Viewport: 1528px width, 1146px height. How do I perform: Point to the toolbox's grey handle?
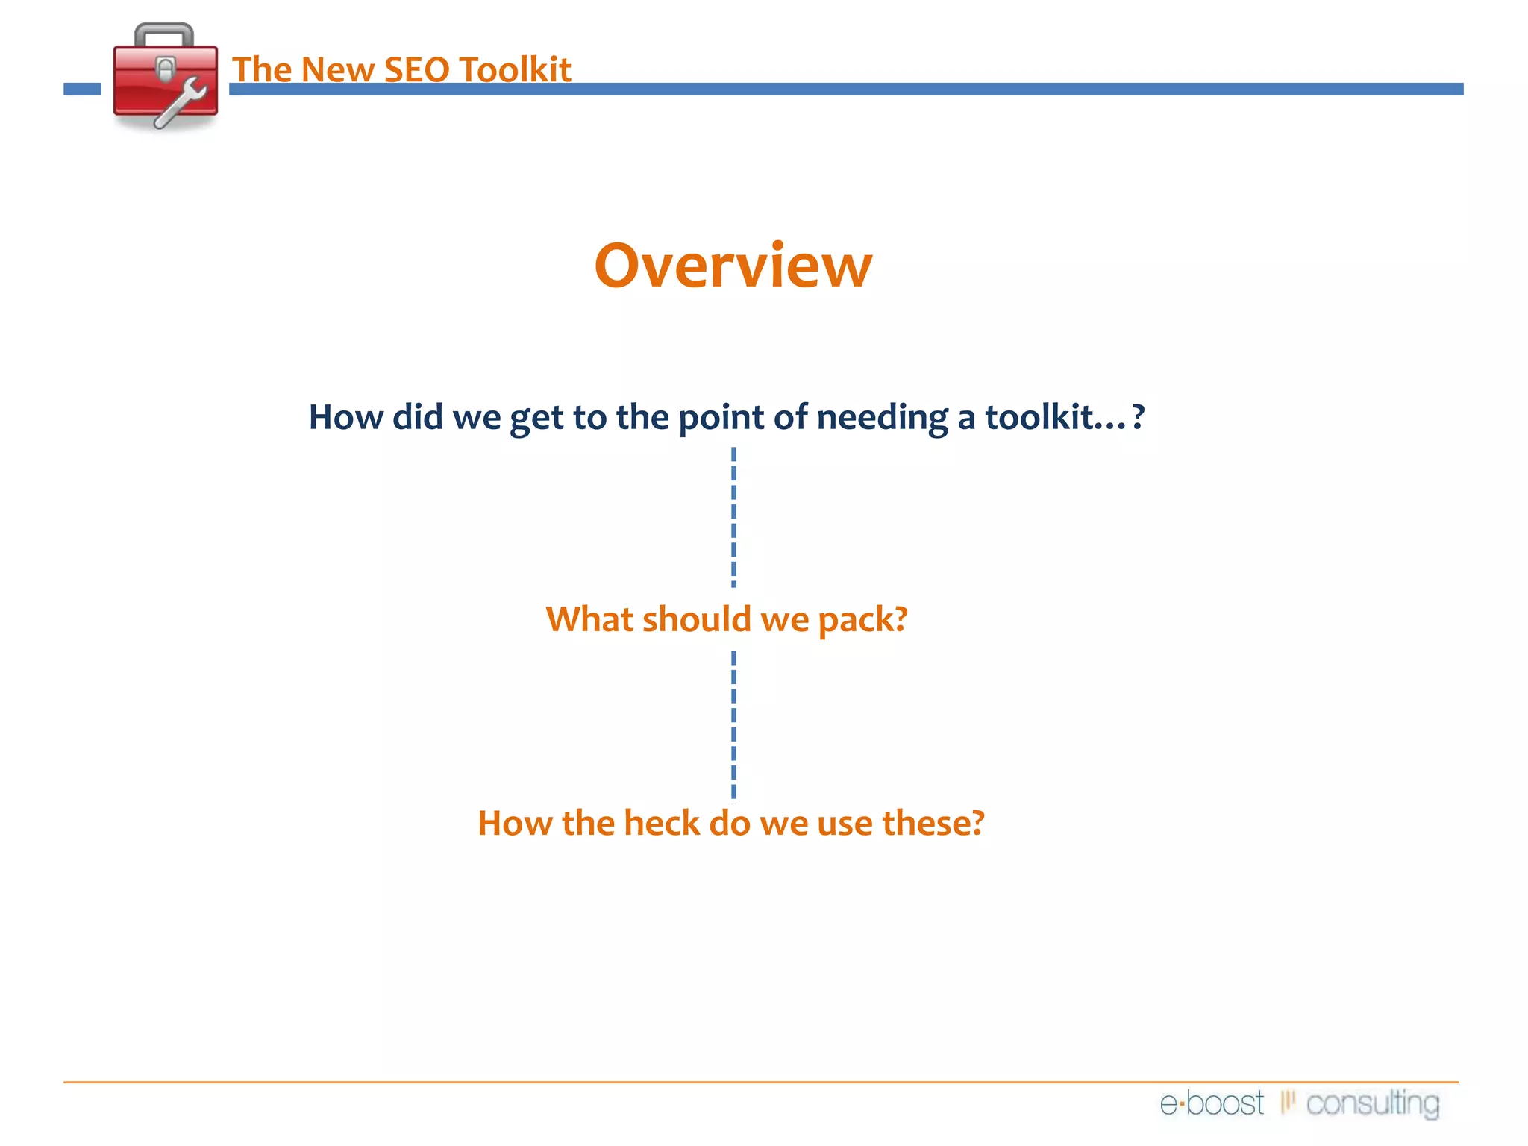click(x=164, y=34)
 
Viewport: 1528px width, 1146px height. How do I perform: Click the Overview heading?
click(x=733, y=266)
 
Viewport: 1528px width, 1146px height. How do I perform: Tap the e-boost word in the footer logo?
click(x=1212, y=1103)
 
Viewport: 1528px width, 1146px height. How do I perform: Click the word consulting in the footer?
click(x=1372, y=1103)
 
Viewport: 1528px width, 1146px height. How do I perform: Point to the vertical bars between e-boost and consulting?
click(x=1287, y=1101)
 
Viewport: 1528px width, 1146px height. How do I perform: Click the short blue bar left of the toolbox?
click(x=82, y=90)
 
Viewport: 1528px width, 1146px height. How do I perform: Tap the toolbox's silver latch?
click(x=166, y=69)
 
